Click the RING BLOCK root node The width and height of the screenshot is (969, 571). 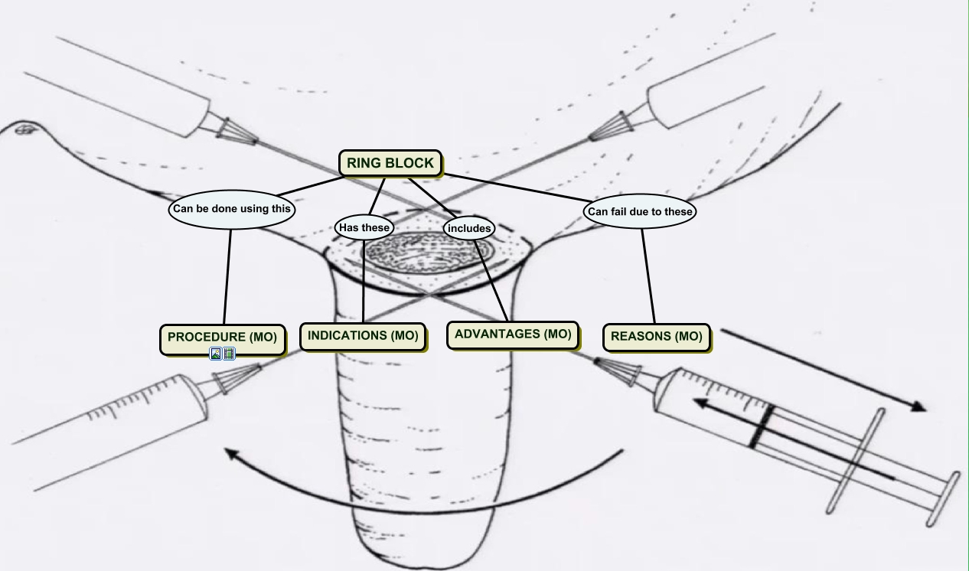(x=390, y=163)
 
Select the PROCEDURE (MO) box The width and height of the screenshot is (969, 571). (x=222, y=338)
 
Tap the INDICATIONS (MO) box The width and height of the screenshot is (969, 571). (x=362, y=336)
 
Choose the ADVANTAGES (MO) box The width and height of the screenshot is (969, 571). (x=512, y=334)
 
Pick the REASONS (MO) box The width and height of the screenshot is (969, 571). (x=656, y=337)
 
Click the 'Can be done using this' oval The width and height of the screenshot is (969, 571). (x=231, y=209)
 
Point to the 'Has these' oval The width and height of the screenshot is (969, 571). (x=364, y=227)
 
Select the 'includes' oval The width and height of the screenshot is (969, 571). (x=468, y=228)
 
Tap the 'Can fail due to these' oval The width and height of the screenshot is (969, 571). (x=640, y=212)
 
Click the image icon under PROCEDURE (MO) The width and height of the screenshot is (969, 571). (x=217, y=354)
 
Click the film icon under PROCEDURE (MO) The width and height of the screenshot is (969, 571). (x=229, y=354)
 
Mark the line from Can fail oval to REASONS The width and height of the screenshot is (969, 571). (x=648, y=276)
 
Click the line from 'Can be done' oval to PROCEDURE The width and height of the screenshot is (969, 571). (x=227, y=276)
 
